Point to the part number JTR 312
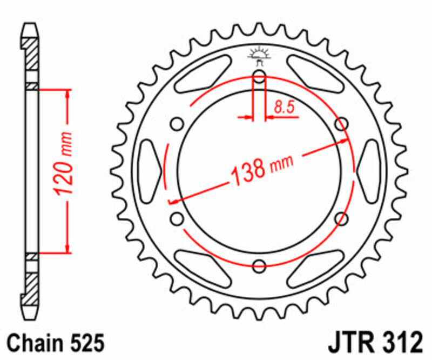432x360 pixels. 374,343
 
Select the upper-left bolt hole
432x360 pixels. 177,124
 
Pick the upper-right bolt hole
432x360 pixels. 341,124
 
